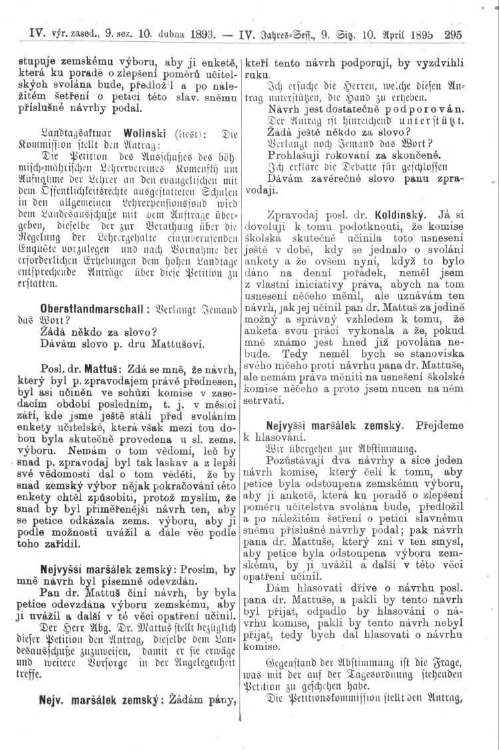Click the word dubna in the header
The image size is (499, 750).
point(155,37)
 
